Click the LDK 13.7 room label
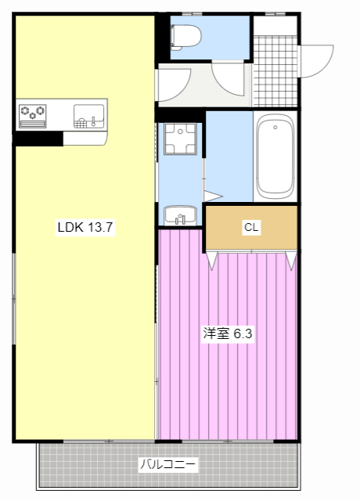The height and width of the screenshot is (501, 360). click(x=85, y=227)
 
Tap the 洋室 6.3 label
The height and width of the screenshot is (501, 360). click(x=228, y=333)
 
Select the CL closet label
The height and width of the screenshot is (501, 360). click(x=251, y=227)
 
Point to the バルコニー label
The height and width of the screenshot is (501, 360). click(x=168, y=464)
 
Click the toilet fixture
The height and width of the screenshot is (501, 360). click(x=185, y=38)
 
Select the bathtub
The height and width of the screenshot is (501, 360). click(x=275, y=157)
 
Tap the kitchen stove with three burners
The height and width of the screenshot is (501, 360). click(x=32, y=116)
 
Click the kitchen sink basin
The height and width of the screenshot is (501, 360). click(x=88, y=116)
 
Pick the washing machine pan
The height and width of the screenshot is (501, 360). click(x=180, y=139)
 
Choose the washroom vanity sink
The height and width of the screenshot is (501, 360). click(x=180, y=215)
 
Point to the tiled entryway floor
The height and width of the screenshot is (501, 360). click(x=275, y=71)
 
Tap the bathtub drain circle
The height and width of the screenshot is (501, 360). click(x=275, y=127)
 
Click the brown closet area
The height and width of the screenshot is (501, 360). click(x=251, y=227)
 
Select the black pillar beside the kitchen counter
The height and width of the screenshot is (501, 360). click(x=38, y=139)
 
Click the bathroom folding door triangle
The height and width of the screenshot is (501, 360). click(x=212, y=196)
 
